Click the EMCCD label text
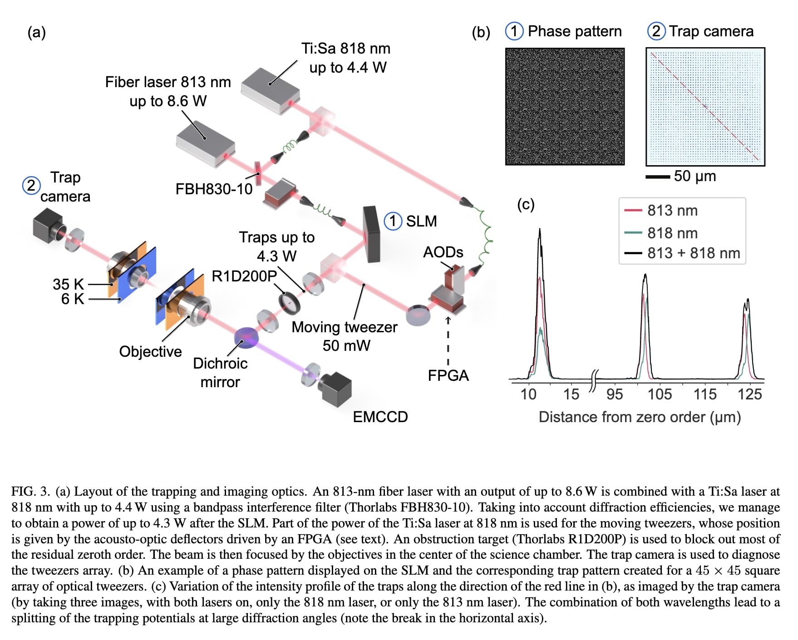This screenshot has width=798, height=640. coord(380,417)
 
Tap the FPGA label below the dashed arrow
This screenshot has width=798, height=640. coord(448,375)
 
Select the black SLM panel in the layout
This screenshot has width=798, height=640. coord(372,235)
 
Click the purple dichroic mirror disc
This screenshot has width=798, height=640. coord(246,337)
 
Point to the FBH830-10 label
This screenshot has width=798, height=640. coord(214,189)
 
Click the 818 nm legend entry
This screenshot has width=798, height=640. coord(672,233)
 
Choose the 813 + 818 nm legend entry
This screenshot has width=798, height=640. coord(693,253)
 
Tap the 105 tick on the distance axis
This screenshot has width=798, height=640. coord(659,394)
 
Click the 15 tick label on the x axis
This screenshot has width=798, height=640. coord(571,394)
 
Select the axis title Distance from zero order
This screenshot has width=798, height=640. coord(639,417)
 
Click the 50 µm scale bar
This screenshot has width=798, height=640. coord(658,177)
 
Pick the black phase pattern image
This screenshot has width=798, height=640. coord(565,106)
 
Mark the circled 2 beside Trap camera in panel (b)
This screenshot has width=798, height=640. coord(656,31)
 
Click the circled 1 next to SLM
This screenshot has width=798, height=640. coord(393,221)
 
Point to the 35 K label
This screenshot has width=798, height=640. coord(68,284)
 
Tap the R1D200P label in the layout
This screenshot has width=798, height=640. coord(244,276)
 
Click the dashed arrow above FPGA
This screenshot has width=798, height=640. coord(448,340)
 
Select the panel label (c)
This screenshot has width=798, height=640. coord(526,205)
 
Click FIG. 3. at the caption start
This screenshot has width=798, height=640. coord(30,491)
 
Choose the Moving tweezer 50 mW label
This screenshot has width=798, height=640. coord(345,336)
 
